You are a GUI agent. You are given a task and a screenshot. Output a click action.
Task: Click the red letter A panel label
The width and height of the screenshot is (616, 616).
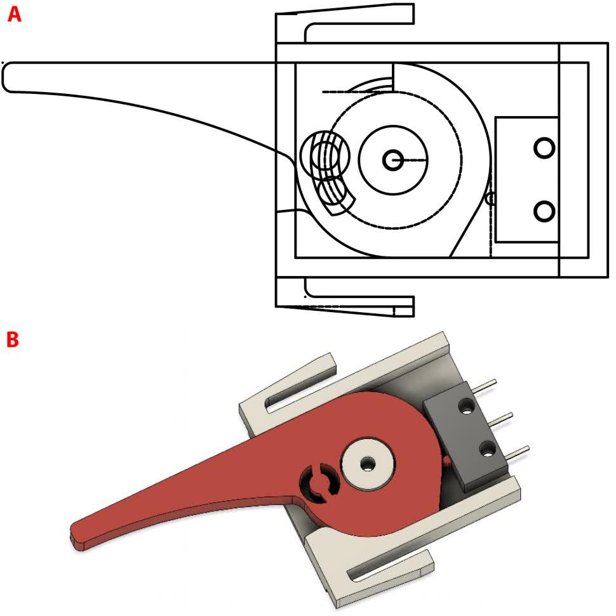(15, 15)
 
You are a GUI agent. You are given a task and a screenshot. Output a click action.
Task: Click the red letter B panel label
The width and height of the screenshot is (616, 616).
(13, 339)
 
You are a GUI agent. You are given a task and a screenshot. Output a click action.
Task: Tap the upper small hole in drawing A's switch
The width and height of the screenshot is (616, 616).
(544, 148)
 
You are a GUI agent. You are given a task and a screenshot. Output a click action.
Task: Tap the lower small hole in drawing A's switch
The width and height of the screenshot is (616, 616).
(544, 211)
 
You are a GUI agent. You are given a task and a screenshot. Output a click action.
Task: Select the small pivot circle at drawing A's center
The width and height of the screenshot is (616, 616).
(392, 160)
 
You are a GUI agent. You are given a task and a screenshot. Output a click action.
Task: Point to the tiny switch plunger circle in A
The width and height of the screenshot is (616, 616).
(490, 199)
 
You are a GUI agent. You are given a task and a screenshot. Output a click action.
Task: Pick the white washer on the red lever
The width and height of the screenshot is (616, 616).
(368, 464)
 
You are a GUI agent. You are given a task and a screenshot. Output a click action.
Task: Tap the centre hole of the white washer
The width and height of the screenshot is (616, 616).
(368, 464)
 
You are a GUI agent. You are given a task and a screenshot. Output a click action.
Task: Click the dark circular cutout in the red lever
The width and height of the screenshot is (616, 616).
(319, 483)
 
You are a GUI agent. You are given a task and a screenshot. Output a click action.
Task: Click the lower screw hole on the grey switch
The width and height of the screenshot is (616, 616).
(488, 449)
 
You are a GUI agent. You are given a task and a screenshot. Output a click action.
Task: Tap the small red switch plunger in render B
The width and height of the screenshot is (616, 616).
(446, 460)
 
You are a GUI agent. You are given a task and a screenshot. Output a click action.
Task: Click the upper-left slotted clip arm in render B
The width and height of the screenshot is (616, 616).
(289, 385)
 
